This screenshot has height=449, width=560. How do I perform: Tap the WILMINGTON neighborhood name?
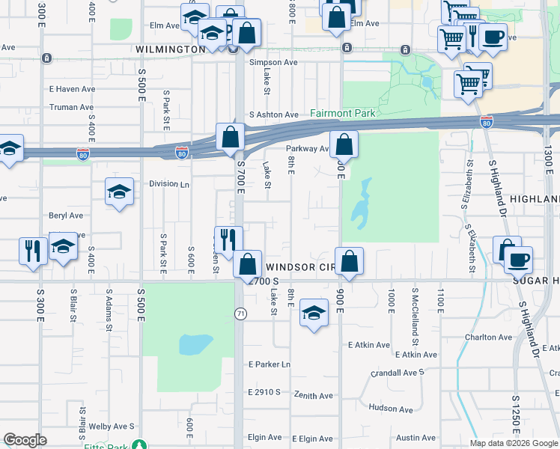[x=171, y=49]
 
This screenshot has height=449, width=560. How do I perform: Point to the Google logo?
[x=25, y=440]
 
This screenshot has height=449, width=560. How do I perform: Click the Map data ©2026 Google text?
[x=514, y=443]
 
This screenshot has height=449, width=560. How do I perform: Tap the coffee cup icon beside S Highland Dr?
[x=518, y=260]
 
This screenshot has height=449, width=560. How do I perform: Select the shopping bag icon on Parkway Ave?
[x=344, y=144]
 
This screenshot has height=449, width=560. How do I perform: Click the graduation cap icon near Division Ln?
[x=119, y=192]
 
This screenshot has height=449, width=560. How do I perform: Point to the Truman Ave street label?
[x=71, y=107]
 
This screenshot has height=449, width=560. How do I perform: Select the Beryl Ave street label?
[x=64, y=215]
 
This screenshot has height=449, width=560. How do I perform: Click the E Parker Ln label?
[x=269, y=364]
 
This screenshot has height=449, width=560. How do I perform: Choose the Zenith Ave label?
[x=313, y=395]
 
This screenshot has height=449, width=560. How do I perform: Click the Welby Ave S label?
[x=111, y=427]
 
